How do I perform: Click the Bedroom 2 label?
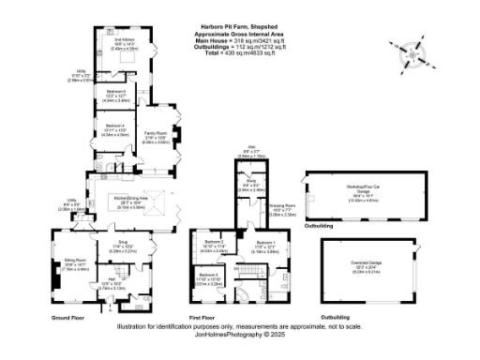click(x=213, y=247)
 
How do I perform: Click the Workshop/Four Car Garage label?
click(x=362, y=186)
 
